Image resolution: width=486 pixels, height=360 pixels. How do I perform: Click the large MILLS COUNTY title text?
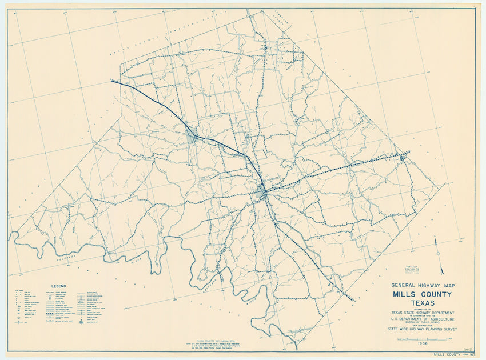coord(421,294)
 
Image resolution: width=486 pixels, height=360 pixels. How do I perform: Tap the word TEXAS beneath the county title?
coord(421,303)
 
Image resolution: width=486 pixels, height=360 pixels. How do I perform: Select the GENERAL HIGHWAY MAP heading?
coord(421,285)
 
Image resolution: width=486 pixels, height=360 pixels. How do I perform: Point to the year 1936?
coord(422,344)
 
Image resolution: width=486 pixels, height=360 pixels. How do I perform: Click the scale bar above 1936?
coord(422,339)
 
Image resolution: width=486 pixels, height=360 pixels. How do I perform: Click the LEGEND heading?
coord(59,286)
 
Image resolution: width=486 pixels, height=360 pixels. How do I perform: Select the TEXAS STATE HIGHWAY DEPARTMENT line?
coord(421,313)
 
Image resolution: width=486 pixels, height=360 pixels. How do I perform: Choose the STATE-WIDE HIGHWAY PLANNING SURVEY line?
coord(421,329)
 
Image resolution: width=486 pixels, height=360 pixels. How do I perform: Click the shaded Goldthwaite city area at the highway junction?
coord(262,191)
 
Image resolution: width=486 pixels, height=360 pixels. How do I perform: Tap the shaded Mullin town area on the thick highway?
coord(192,135)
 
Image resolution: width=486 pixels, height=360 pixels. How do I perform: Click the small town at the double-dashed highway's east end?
coord(404,155)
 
